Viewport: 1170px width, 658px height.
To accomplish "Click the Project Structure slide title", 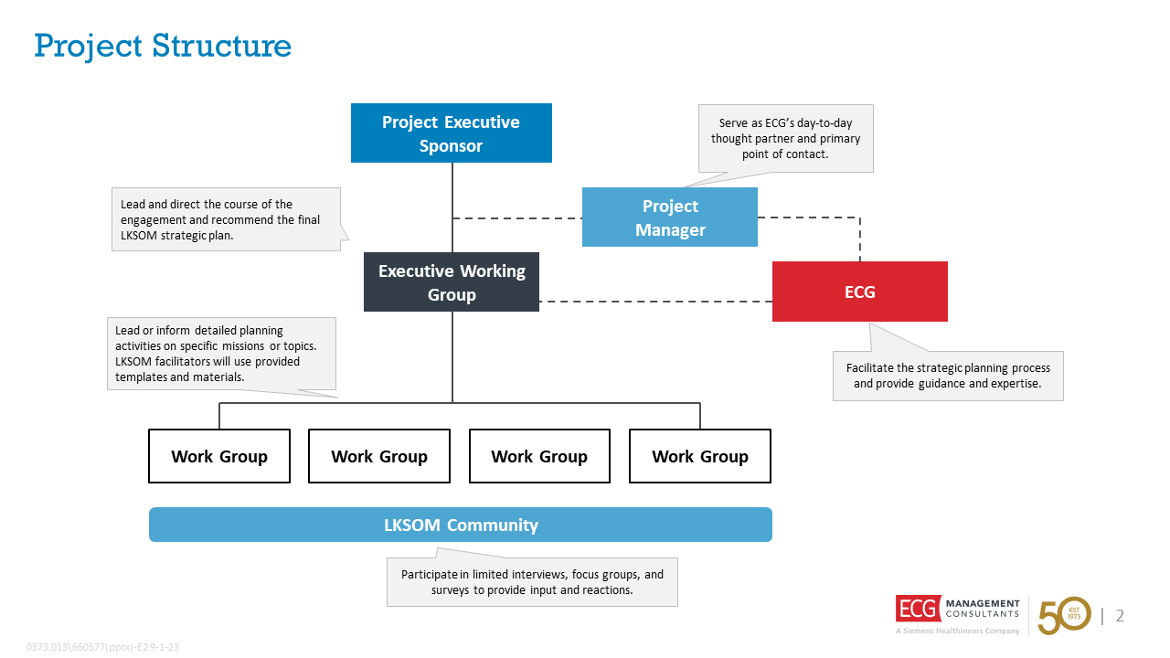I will (163, 46).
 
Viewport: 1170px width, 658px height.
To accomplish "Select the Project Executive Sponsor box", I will (451, 133).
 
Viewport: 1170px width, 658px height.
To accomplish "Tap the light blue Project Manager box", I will (669, 218).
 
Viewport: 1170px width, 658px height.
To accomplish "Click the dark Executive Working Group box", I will (451, 282).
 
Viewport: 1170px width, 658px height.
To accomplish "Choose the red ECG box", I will (859, 292).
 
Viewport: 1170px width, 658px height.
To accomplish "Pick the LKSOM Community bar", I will (460, 525).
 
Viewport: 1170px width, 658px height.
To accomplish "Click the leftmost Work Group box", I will (219, 456).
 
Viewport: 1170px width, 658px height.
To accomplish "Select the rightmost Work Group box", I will (699, 456).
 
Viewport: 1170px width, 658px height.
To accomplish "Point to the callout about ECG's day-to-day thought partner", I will (785, 138).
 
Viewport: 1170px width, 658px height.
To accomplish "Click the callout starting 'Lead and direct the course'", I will (225, 219).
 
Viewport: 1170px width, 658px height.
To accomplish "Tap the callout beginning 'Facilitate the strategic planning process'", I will (948, 376).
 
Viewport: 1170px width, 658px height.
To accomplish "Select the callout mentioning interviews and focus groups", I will (532, 582).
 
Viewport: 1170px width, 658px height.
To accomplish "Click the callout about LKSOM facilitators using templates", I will (221, 354).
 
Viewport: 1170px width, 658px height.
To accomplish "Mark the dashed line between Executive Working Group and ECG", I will (654, 301).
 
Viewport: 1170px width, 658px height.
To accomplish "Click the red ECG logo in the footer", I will (917, 609).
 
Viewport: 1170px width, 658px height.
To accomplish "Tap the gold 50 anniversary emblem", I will (1064, 615).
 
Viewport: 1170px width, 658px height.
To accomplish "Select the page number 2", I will (1120, 616).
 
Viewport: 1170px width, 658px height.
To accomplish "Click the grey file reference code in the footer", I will (102, 647).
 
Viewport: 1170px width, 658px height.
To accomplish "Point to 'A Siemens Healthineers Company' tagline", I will (957, 631).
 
